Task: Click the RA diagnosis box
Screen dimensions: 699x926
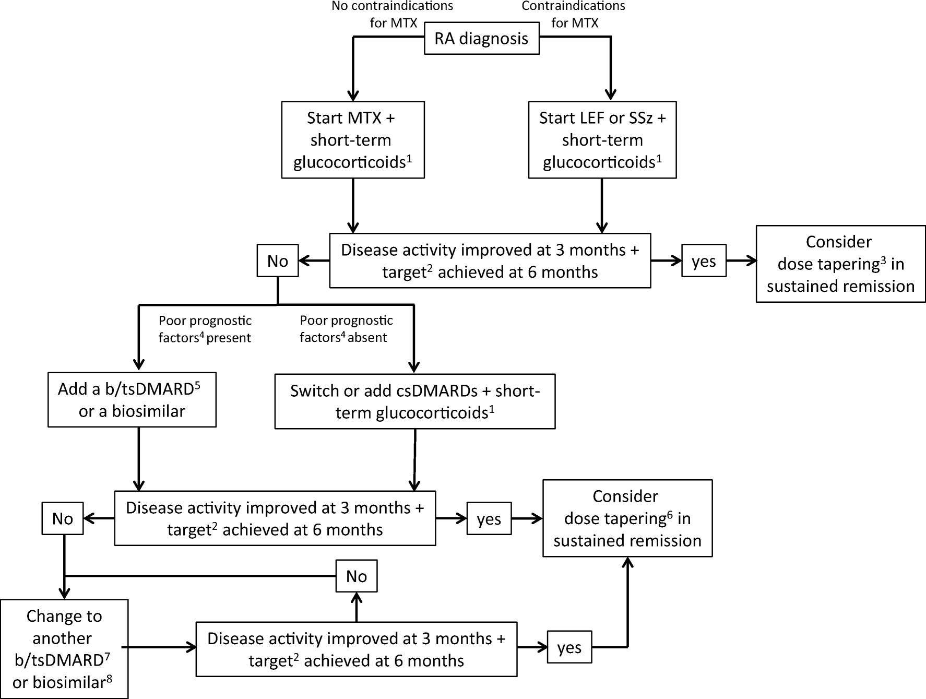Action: (x=481, y=39)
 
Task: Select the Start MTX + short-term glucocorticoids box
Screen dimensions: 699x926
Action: (x=353, y=140)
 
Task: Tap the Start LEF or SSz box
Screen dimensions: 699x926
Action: (x=602, y=140)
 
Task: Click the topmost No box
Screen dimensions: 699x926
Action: (x=278, y=260)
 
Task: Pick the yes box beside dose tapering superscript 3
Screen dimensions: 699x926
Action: (x=704, y=260)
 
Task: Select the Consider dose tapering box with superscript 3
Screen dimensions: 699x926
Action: (x=840, y=264)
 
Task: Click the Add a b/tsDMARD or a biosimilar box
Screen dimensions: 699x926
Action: (x=132, y=400)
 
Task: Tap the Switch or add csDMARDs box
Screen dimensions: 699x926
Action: (x=415, y=401)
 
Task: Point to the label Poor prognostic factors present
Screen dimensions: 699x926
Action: (x=205, y=329)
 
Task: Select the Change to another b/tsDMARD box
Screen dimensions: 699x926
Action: (x=64, y=649)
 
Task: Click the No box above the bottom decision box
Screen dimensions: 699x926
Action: (x=357, y=576)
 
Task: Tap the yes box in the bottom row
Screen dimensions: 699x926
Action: (x=569, y=648)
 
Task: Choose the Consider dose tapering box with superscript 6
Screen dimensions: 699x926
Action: (x=627, y=518)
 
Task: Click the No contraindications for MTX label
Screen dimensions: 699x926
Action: (x=393, y=15)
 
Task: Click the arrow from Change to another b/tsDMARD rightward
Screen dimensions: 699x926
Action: (x=162, y=648)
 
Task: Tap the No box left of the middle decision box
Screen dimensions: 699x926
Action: (x=63, y=518)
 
